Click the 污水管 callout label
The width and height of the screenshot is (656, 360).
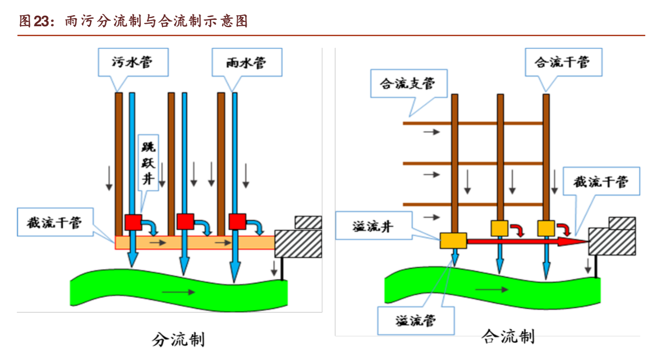(133, 62)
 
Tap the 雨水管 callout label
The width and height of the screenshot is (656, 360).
(247, 63)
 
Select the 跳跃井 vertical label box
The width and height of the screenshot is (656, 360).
(148, 163)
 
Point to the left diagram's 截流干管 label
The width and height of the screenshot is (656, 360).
(55, 223)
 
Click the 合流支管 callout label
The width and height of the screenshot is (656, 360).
(408, 84)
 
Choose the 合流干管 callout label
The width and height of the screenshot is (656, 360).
(563, 62)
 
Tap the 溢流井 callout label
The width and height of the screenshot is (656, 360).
(373, 226)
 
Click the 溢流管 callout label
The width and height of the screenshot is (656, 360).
(416, 321)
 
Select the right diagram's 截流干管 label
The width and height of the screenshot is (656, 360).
(601, 182)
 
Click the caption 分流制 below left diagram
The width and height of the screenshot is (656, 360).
(178, 339)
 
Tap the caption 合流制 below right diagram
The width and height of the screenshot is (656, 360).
(508, 336)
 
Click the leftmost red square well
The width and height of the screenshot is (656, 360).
(133, 222)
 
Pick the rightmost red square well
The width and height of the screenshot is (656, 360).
(237, 222)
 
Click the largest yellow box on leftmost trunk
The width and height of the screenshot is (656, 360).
(453, 241)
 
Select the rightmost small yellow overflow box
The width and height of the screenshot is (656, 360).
(546, 228)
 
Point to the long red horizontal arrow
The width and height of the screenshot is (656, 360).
(525, 242)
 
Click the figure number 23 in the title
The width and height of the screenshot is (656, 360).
(41, 21)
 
